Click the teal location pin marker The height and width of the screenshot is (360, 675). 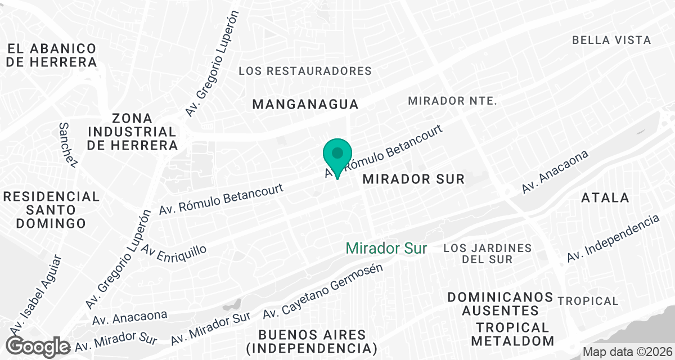(337, 156)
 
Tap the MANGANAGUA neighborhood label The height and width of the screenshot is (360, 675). (305, 104)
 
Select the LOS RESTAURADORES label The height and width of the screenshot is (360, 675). (305, 71)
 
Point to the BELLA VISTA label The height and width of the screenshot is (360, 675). (611, 40)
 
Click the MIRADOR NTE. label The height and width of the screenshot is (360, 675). (453, 101)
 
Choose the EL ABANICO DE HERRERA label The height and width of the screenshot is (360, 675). (52, 55)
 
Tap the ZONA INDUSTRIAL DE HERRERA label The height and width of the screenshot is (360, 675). (132, 132)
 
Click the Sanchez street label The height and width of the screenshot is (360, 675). (67, 145)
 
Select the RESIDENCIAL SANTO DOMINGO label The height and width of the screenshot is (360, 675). (51, 210)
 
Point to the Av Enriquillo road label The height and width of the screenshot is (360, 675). (174, 249)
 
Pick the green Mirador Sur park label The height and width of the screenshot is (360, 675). (386, 248)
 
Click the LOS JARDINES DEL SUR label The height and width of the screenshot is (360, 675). (488, 254)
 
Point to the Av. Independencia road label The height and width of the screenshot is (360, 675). (613, 238)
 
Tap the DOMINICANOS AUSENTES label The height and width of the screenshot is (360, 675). (493, 304)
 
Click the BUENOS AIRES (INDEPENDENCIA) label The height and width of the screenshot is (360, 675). (311, 341)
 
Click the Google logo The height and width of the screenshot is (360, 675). (39, 345)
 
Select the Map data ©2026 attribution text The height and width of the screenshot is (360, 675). (626, 352)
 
